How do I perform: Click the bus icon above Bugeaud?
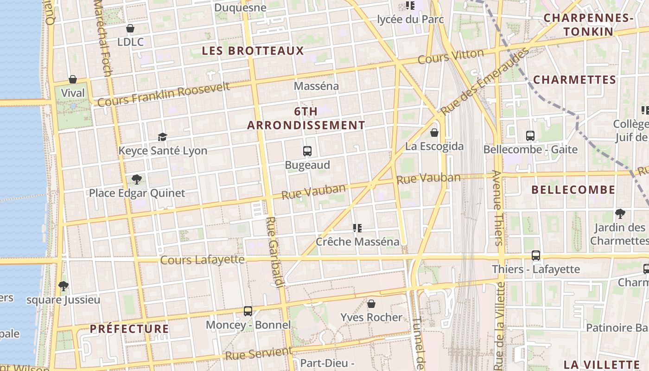point(307,151)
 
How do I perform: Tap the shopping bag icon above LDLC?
point(130,28)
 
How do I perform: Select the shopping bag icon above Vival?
point(73,79)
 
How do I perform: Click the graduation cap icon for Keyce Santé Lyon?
point(162,137)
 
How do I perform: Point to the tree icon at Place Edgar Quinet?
point(136,179)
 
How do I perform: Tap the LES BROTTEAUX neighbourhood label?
point(253,51)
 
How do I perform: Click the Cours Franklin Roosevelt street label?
point(164,94)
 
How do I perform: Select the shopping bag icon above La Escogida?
point(434,133)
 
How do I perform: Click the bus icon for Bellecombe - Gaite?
point(530,136)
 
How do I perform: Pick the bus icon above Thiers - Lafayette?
point(536,256)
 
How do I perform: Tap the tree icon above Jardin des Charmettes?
point(620,214)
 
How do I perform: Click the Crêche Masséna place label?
point(357,242)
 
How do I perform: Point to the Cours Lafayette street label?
point(202,260)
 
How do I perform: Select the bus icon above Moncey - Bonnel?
point(248,311)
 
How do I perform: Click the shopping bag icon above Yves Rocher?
point(371,304)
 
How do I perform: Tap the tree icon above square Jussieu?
point(64,286)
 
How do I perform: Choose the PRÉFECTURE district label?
point(129,329)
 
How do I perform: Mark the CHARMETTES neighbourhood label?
point(574,80)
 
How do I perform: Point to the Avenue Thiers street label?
point(496,208)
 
